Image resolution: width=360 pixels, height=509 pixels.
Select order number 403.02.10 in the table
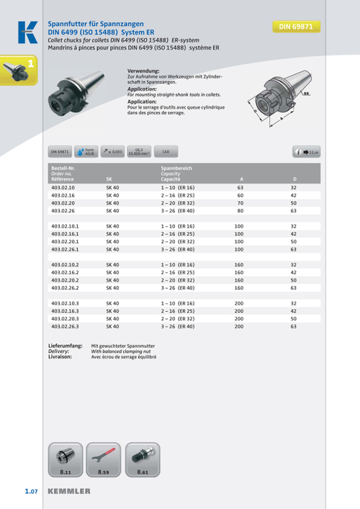(63, 187)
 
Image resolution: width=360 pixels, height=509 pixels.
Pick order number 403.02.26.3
(66, 326)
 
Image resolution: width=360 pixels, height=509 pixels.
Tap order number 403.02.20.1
(66, 242)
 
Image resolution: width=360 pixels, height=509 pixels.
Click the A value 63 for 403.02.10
(240, 187)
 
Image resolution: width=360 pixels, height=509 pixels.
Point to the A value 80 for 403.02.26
(240, 211)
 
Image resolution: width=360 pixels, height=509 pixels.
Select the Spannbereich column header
(176, 168)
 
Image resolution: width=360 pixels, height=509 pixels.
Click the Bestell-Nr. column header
(63, 168)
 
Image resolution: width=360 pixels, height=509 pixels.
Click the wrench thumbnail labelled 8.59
(103, 461)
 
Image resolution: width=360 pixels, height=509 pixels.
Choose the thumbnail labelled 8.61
(141, 461)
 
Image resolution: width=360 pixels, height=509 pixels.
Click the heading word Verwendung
(143, 71)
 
